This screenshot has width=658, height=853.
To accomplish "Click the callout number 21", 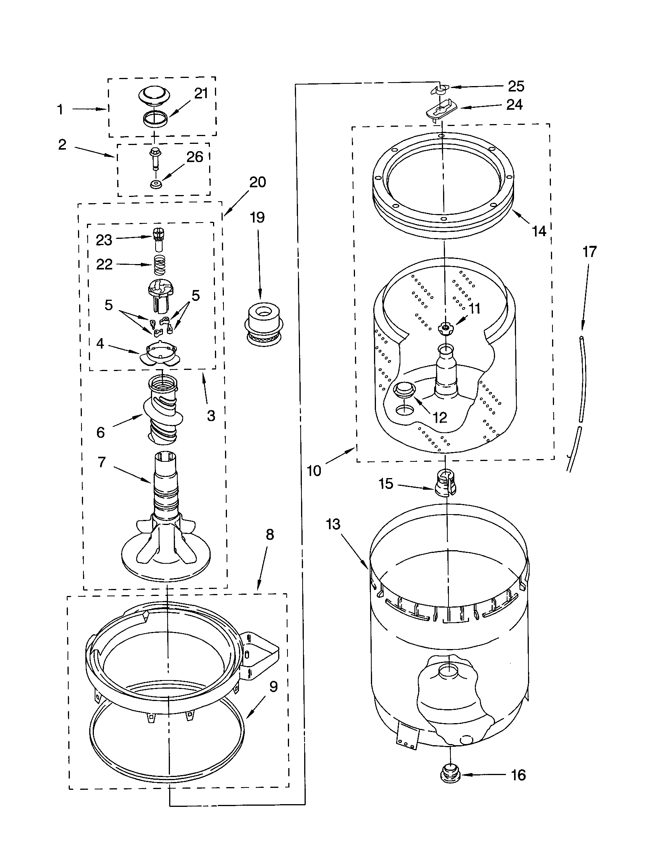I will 201,94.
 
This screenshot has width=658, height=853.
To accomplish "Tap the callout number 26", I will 195,157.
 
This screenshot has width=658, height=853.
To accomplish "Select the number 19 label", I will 257,218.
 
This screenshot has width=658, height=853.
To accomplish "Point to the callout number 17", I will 590,252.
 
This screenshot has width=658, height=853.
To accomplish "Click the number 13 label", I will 333,524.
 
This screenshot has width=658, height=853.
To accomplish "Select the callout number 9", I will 274,686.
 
